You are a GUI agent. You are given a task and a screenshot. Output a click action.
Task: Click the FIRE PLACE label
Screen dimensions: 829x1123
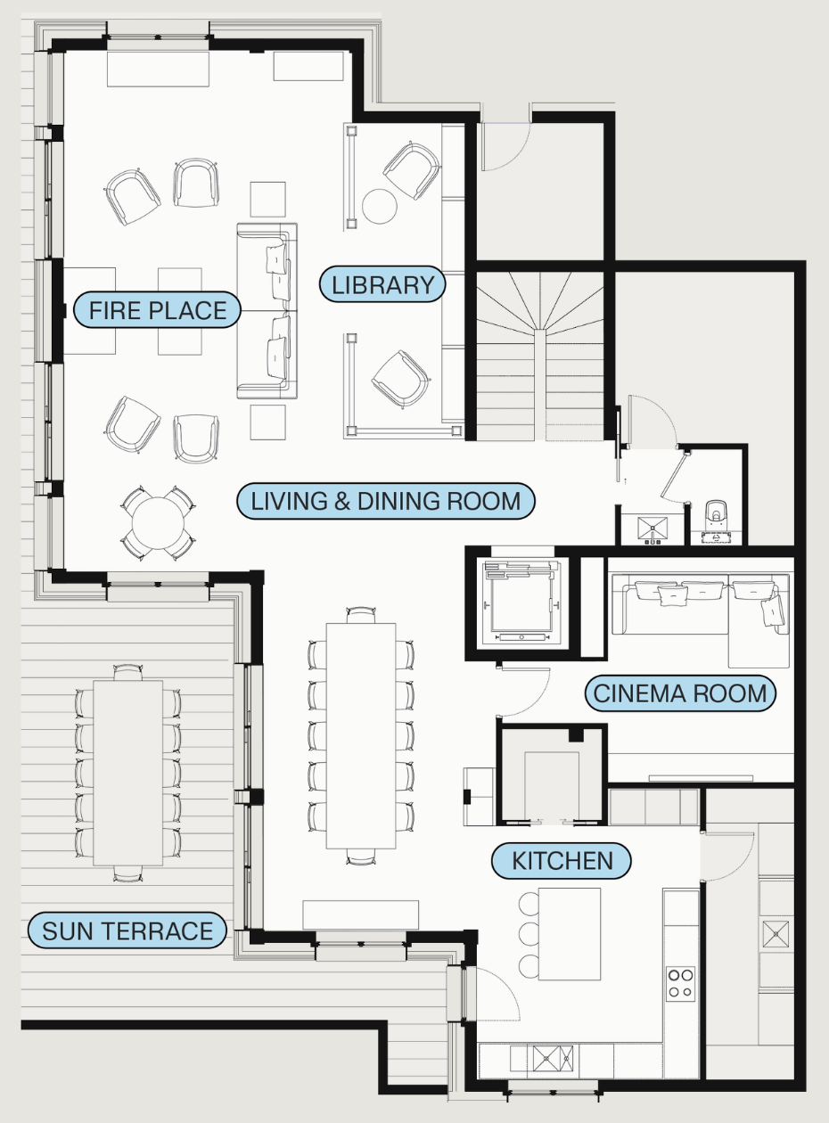click(157, 310)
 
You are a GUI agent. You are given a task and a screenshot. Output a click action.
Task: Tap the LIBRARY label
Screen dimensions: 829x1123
click(382, 284)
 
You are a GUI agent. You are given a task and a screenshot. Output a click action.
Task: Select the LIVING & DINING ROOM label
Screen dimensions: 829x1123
click(386, 501)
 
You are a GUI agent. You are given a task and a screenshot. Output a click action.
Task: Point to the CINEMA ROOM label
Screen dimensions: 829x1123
click(680, 693)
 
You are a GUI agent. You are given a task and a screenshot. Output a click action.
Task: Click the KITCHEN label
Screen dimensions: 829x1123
click(562, 861)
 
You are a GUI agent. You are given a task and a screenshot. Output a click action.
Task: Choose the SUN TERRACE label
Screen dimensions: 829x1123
click(127, 930)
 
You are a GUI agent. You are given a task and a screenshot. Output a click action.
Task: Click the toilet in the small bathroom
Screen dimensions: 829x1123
click(715, 521)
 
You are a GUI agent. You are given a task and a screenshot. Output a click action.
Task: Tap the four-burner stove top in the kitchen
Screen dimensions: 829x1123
click(681, 982)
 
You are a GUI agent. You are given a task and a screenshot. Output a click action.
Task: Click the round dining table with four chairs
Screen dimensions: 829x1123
click(158, 523)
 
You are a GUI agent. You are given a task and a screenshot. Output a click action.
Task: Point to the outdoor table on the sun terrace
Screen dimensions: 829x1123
click(128, 773)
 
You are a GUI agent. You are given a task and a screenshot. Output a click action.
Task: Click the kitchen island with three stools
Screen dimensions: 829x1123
click(570, 934)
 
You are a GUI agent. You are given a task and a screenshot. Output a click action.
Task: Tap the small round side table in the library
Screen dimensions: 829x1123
click(380, 206)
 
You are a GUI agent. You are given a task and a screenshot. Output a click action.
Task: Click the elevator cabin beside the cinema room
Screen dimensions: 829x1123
click(523, 603)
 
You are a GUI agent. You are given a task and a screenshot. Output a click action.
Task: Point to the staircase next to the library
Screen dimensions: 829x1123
click(540, 356)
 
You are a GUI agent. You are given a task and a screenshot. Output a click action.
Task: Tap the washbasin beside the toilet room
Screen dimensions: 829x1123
click(653, 529)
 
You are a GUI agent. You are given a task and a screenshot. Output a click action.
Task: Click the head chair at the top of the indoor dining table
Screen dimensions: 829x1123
click(361, 615)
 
